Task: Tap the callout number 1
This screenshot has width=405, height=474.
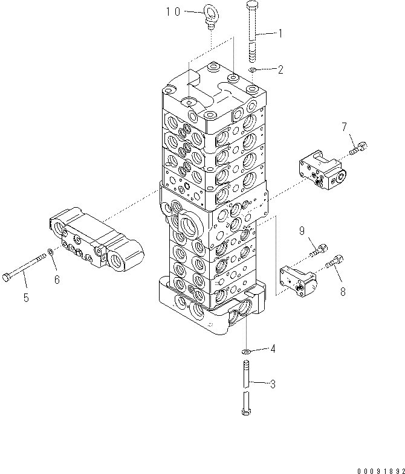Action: point(279,34)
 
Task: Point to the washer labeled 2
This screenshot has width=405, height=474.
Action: point(253,72)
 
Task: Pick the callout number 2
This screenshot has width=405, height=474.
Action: point(280,70)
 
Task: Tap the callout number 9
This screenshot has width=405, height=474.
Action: point(300,229)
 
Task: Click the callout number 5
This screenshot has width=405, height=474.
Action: point(25,297)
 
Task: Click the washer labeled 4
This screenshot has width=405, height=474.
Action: point(247,351)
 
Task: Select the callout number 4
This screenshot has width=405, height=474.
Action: point(273,348)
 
